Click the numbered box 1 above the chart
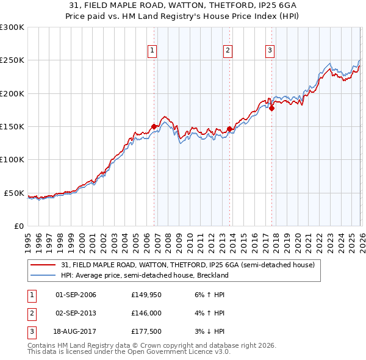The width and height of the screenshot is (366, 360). (x=152, y=51)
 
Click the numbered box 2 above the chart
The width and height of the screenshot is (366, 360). (x=228, y=51)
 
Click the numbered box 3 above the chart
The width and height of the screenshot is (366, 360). (x=270, y=51)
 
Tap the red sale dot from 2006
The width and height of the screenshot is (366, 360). (x=154, y=126)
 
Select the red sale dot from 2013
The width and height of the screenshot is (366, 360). (x=229, y=129)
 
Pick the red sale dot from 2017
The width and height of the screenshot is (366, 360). (x=272, y=109)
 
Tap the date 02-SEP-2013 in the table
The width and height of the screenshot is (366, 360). (x=76, y=313)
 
